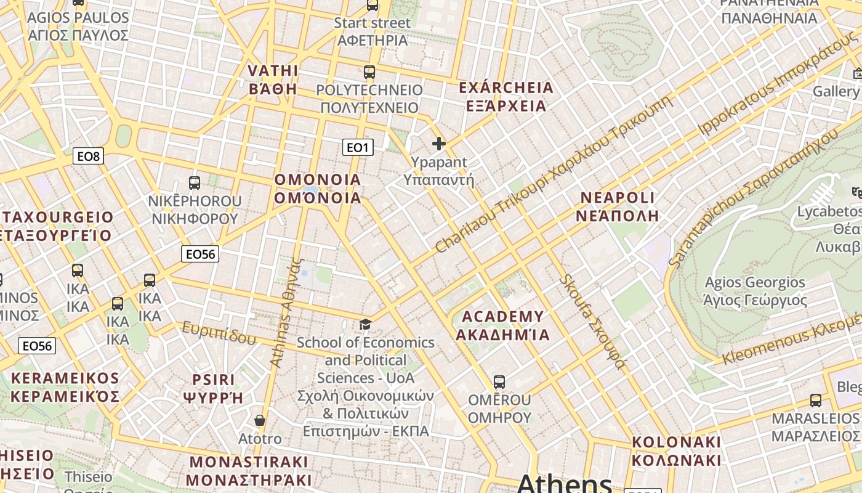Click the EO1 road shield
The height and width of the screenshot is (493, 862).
point(358,147)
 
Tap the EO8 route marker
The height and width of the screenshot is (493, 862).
point(88,157)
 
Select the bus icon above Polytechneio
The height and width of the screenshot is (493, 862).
point(369,72)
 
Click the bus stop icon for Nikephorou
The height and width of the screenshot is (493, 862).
point(195,183)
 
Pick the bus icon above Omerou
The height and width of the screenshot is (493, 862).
point(499,382)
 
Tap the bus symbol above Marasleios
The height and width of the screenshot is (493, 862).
point(816,401)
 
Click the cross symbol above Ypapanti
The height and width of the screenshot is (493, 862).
point(439,144)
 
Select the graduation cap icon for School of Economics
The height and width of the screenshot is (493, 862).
point(366,324)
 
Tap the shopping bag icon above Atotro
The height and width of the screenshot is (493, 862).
point(260,420)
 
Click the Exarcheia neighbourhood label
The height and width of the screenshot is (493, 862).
point(506,97)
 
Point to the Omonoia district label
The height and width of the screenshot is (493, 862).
point(318,189)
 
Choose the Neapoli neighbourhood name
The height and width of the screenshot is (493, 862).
point(618,206)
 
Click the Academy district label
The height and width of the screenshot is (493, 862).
point(502,326)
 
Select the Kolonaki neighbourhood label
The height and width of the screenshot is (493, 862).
point(676,451)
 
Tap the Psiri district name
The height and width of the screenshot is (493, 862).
point(213,388)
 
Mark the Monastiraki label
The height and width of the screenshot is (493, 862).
point(248,470)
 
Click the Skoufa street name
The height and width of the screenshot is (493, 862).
point(592,321)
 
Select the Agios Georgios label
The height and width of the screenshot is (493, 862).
point(755,291)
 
